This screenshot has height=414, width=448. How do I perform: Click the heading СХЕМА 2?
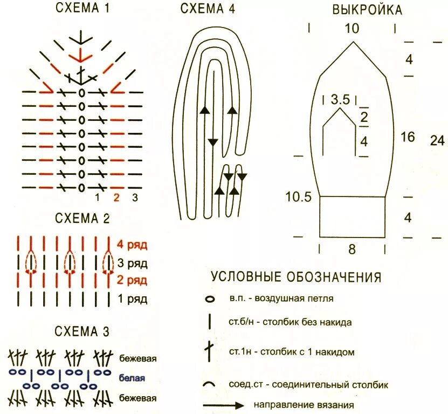coord(82,219)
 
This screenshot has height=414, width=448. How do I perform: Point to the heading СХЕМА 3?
coord(82,331)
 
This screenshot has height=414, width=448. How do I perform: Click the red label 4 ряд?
coord(132,245)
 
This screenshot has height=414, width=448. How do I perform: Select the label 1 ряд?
coord(132,298)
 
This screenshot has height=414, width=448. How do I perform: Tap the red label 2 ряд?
coord(132,281)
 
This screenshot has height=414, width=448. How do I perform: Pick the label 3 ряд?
coord(132,263)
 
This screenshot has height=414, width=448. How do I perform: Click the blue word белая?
coord(132,378)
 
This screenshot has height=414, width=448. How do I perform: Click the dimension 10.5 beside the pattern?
coord(299,197)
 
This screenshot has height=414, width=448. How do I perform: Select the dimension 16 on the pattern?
coord(408,137)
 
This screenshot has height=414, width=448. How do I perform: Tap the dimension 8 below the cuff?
coord(351,249)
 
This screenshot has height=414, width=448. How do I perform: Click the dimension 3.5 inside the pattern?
coord(340,99)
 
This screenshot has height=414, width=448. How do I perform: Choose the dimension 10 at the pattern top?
coord(351,28)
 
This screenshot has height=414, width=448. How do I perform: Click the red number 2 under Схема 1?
coord(116,198)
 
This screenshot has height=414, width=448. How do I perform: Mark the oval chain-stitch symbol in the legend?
coord(210,298)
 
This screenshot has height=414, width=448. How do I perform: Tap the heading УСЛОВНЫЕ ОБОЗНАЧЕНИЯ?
coord(296,277)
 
